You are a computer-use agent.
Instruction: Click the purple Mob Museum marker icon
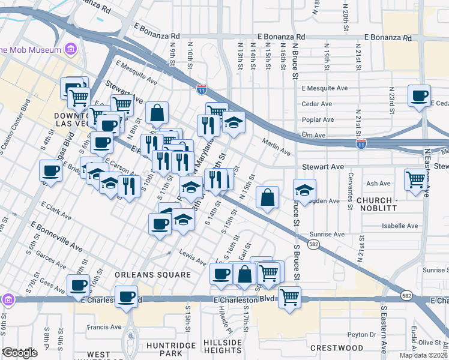(71, 49)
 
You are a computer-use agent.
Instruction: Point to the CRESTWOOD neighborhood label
(337, 348)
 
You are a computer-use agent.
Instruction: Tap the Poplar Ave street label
(318, 119)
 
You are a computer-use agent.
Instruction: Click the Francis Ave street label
(104, 327)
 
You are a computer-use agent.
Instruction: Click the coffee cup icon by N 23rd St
(419, 95)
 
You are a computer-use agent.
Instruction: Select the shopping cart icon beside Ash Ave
(415, 179)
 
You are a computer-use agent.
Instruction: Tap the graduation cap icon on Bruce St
(305, 190)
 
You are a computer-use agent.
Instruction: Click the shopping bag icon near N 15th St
(267, 197)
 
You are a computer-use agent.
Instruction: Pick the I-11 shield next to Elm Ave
(361, 145)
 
